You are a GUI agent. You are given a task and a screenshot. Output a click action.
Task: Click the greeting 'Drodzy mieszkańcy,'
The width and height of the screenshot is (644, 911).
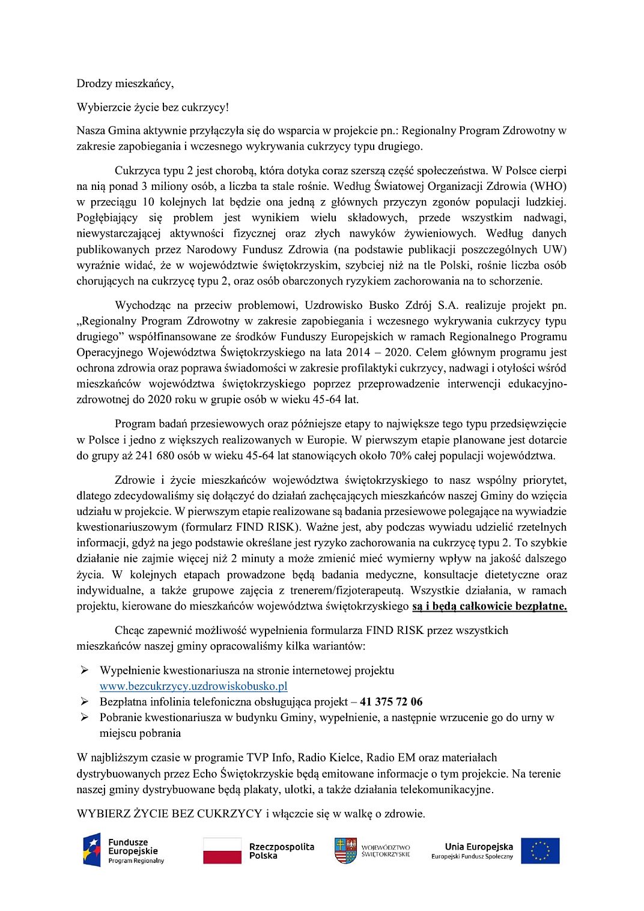pos(125,84)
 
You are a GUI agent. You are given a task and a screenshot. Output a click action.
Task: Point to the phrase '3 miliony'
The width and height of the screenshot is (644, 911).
pos(163,186)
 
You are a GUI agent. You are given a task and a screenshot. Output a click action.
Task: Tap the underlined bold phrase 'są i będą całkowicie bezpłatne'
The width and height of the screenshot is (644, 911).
pos(489,606)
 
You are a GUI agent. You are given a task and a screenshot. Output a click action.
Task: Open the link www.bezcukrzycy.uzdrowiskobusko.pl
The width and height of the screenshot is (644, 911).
pos(193,686)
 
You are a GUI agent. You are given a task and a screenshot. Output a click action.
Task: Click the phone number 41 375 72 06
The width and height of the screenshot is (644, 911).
pos(391,702)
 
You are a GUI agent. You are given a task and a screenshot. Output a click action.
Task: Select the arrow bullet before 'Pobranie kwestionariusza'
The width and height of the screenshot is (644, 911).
pos(85,718)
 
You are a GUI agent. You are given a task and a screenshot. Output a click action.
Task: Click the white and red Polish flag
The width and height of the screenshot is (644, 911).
pos(222,851)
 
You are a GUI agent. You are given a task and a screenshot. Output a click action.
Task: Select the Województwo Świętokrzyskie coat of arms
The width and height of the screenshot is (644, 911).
pos(345,851)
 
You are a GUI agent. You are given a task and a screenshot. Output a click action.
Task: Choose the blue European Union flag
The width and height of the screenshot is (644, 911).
pos(540,851)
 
